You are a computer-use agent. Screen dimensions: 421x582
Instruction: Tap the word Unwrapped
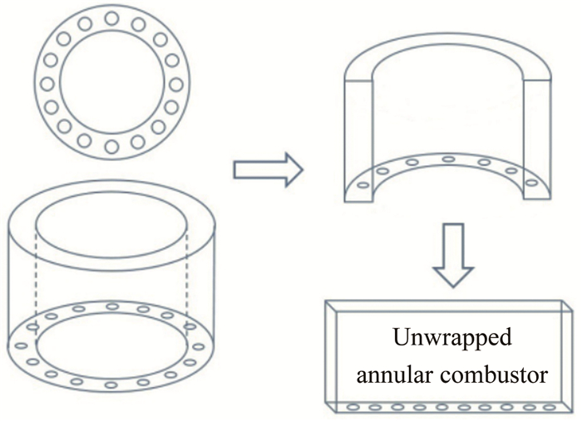click(452, 341)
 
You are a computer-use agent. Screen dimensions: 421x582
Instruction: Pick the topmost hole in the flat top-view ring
click(110, 18)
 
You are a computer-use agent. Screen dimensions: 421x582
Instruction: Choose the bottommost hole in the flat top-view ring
click(110, 147)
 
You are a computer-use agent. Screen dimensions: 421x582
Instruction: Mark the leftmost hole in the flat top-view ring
click(47, 83)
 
